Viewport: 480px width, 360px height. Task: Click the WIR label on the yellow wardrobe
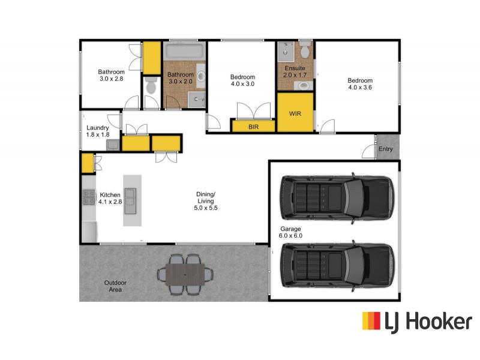click(x=295, y=113)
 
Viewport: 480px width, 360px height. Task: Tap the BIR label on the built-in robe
click(x=253, y=127)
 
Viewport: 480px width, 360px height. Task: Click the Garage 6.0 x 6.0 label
click(x=290, y=233)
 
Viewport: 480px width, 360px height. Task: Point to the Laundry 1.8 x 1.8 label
click(x=98, y=131)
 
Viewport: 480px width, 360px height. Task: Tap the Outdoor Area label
click(x=115, y=286)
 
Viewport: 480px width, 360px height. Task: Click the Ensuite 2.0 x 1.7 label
click(x=295, y=72)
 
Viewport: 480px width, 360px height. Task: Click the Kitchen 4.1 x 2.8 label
click(x=110, y=198)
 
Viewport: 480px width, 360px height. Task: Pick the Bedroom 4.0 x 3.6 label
click(x=360, y=85)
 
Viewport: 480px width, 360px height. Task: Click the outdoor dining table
click(x=185, y=275)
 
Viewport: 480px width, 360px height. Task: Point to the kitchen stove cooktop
click(x=88, y=196)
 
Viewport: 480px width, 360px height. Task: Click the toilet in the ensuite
click(x=305, y=51)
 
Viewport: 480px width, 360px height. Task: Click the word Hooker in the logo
click(x=439, y=322)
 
